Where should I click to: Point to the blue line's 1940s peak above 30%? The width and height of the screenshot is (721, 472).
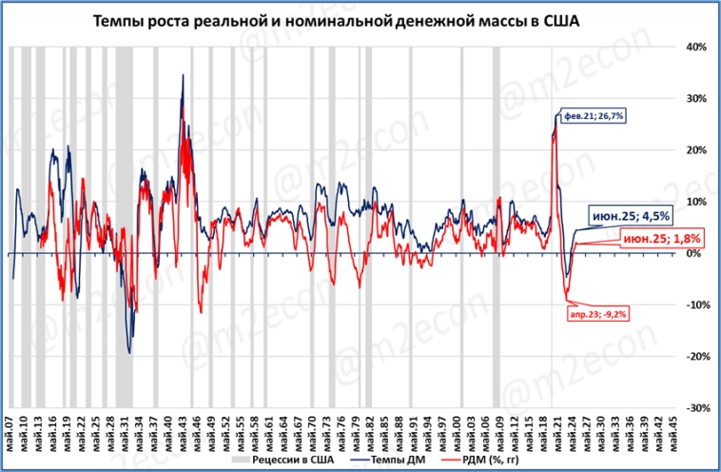pyautogui.click(x=183, y=75)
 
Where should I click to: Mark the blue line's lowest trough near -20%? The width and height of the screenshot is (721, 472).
pyautogui.click(x=129, y=353)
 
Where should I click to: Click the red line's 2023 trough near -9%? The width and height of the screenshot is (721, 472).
pyautogui.click(x=567, y=300)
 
